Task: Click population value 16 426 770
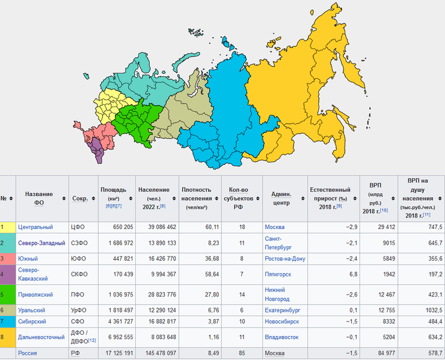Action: (x=157, y=258)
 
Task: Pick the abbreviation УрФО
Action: (x=81, y=310)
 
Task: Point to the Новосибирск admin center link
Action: (x=285, y=322)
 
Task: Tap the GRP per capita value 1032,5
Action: (x=431, y=310)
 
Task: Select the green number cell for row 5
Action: (x=7, y=295)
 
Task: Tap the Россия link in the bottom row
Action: (x=28, y=353)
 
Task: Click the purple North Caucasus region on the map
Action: (x=95, y=148)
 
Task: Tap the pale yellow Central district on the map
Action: (x=111, y=103)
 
